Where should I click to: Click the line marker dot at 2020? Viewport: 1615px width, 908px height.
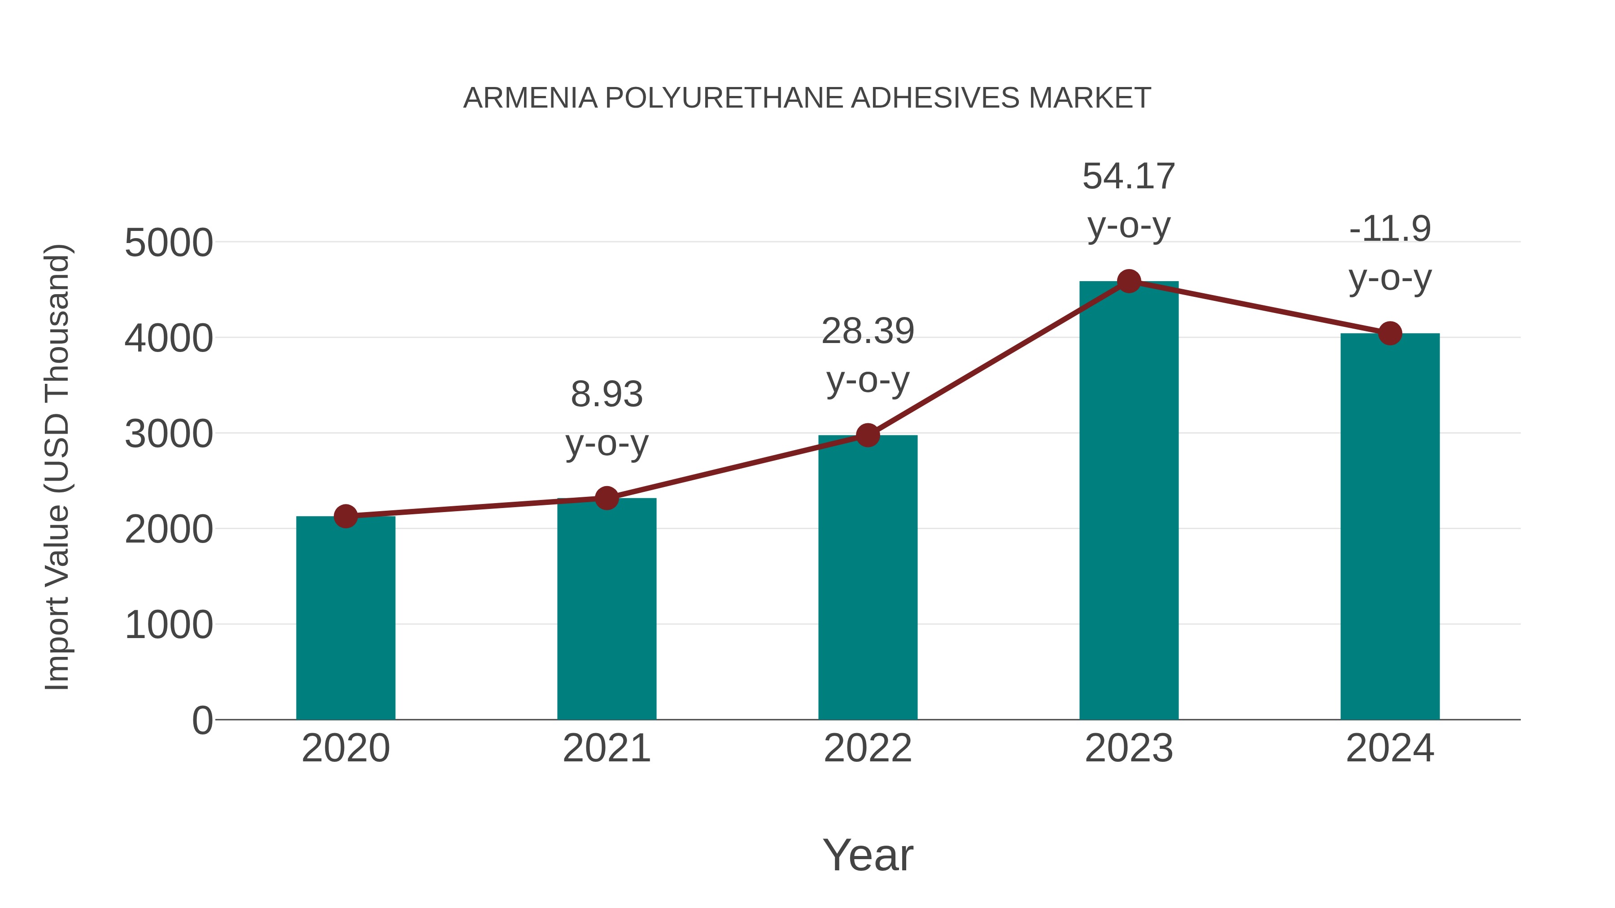point(345,517)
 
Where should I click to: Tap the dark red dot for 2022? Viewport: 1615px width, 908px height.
point(868,435)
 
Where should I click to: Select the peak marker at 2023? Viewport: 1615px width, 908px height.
point(1129,281)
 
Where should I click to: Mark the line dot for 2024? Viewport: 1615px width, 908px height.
point(1390,333)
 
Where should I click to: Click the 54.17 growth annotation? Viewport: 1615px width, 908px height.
point(1129,177)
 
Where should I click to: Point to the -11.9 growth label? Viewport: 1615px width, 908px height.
point(1390,229)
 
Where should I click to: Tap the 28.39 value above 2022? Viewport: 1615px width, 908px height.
point(868,331)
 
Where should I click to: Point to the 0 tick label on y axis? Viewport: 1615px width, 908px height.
point(202,721)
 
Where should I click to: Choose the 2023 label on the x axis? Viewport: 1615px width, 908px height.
point(1129,748)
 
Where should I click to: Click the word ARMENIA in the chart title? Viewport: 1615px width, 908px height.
point(530,98)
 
